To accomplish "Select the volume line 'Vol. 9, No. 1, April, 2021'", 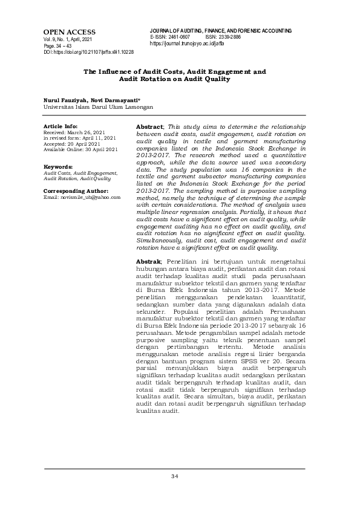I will (x=67, y=39).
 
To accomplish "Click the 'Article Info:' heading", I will (x=61, y=127).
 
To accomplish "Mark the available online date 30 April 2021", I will (x=101, y=149).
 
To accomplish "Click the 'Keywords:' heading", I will (x=58, y=166).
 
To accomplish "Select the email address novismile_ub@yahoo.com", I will (x=89, y=197).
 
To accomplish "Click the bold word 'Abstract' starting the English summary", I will (x=149, y=126).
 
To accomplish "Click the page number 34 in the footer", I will (x=174, y=477).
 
